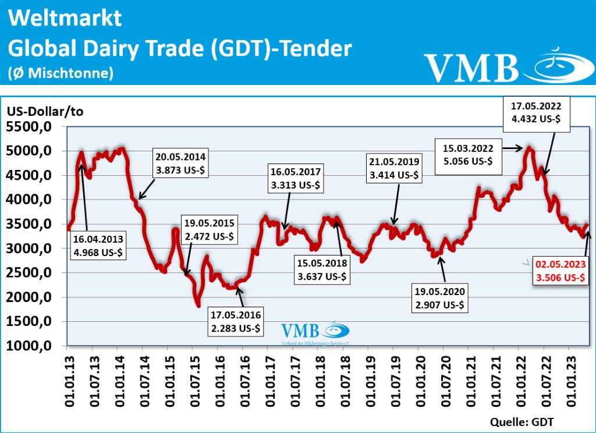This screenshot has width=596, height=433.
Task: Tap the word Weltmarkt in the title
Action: click(x=65, y=18)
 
